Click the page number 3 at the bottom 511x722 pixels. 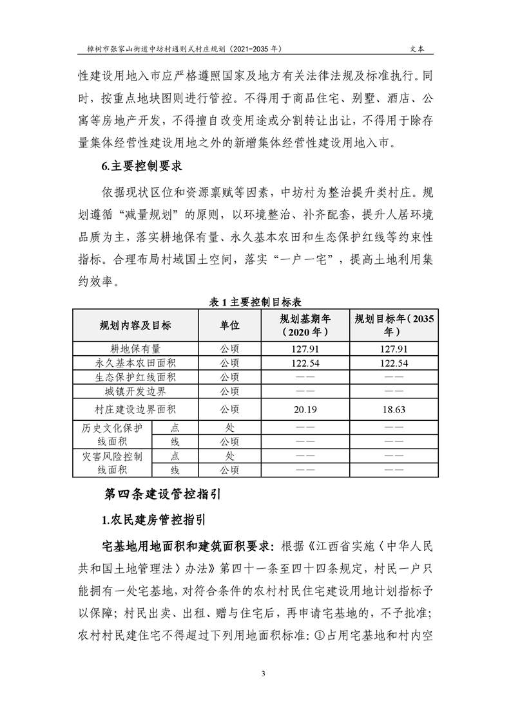(255, 673)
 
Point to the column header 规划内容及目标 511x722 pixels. (135, 325)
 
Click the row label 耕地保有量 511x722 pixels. (135, 349)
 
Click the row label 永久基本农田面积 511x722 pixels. (135, 363)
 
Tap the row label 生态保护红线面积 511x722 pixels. (135, 377)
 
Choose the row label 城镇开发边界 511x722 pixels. (135, 391)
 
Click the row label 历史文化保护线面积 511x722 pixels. (111, 434)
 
